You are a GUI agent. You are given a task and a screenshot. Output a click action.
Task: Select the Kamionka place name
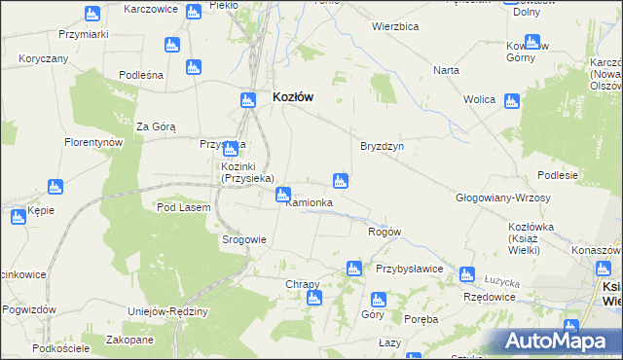click(309, 202)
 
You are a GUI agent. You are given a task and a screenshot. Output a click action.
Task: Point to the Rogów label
click(385, 232)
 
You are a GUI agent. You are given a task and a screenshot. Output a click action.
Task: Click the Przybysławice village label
click(410, 269)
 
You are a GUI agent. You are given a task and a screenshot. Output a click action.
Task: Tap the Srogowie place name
click(244, 239)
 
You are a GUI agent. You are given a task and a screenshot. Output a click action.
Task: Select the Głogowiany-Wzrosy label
click(503, 198)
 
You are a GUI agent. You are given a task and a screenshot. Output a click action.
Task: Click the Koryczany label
click(44, 58)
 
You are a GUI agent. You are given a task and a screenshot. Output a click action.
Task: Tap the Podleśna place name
click(140, 75)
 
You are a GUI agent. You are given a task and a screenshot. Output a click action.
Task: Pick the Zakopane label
click(130, 340)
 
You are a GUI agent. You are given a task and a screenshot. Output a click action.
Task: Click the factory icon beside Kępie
click(18, 217)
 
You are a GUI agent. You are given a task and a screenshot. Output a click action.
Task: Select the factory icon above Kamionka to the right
click(340, 180)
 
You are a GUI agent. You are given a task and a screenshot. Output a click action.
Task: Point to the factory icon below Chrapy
click(313, 297)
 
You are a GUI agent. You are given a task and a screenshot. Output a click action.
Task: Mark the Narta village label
click(447, 71)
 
